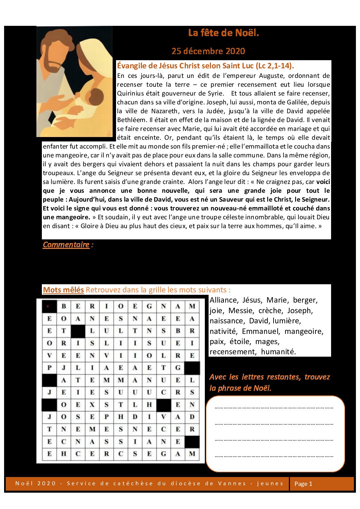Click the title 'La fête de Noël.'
click(x=223, y=33)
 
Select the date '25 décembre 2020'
click(x=208, y=51)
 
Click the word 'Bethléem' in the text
click(x=131, y=120)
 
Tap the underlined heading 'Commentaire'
click(x=66, y=245)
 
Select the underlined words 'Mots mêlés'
click(x=63, y=290)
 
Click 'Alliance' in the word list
click(x=224, y=300)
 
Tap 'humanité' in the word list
click(x=278, y=352)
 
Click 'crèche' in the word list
click(x=270, y=311)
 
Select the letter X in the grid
click(x=92, y=405)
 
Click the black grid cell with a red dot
click(x=49, y=306)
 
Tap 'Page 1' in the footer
click(x=303, y=484)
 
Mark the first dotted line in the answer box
click(x=274, y=407)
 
